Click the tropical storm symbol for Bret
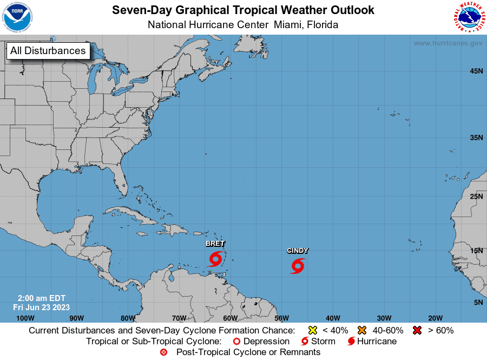pyautogui.click(x=215, y=259)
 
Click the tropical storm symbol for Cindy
pyautogui.click(x=297, y=266)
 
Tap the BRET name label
pyautogui.click(x=215, y=244)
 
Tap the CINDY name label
pyautogui.click(x=298, y=251)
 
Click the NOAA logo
pyautogui.click(x=17, y=17)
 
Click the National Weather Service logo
pyautogui.click(x=468, y=17)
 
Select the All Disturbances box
pyautogui.click(x=48, y=51)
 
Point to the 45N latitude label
pyautogui.click(x=476, y=71)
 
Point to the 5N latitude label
pyautogui.click(x=478, y=302)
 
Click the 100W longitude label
pyautogui.click(x=25, y=318)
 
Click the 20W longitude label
pyautogui.click(x=436, y=318)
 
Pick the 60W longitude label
pyautogui.click(x=230, y=318)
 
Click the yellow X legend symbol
pyautogui.click(x=312, y=330)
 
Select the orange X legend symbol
pyautogui.click(x=362, y=330)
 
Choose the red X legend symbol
pyautogui.click(x=417, y=330)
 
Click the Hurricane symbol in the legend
pyautogui.click(x=351, y=342)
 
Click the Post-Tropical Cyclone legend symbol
pyautogui.click(x=164, y=352)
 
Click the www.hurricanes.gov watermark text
pyautogui.click(x=447, y=43)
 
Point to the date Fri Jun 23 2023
pyautogui.click(x=42, y=307)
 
